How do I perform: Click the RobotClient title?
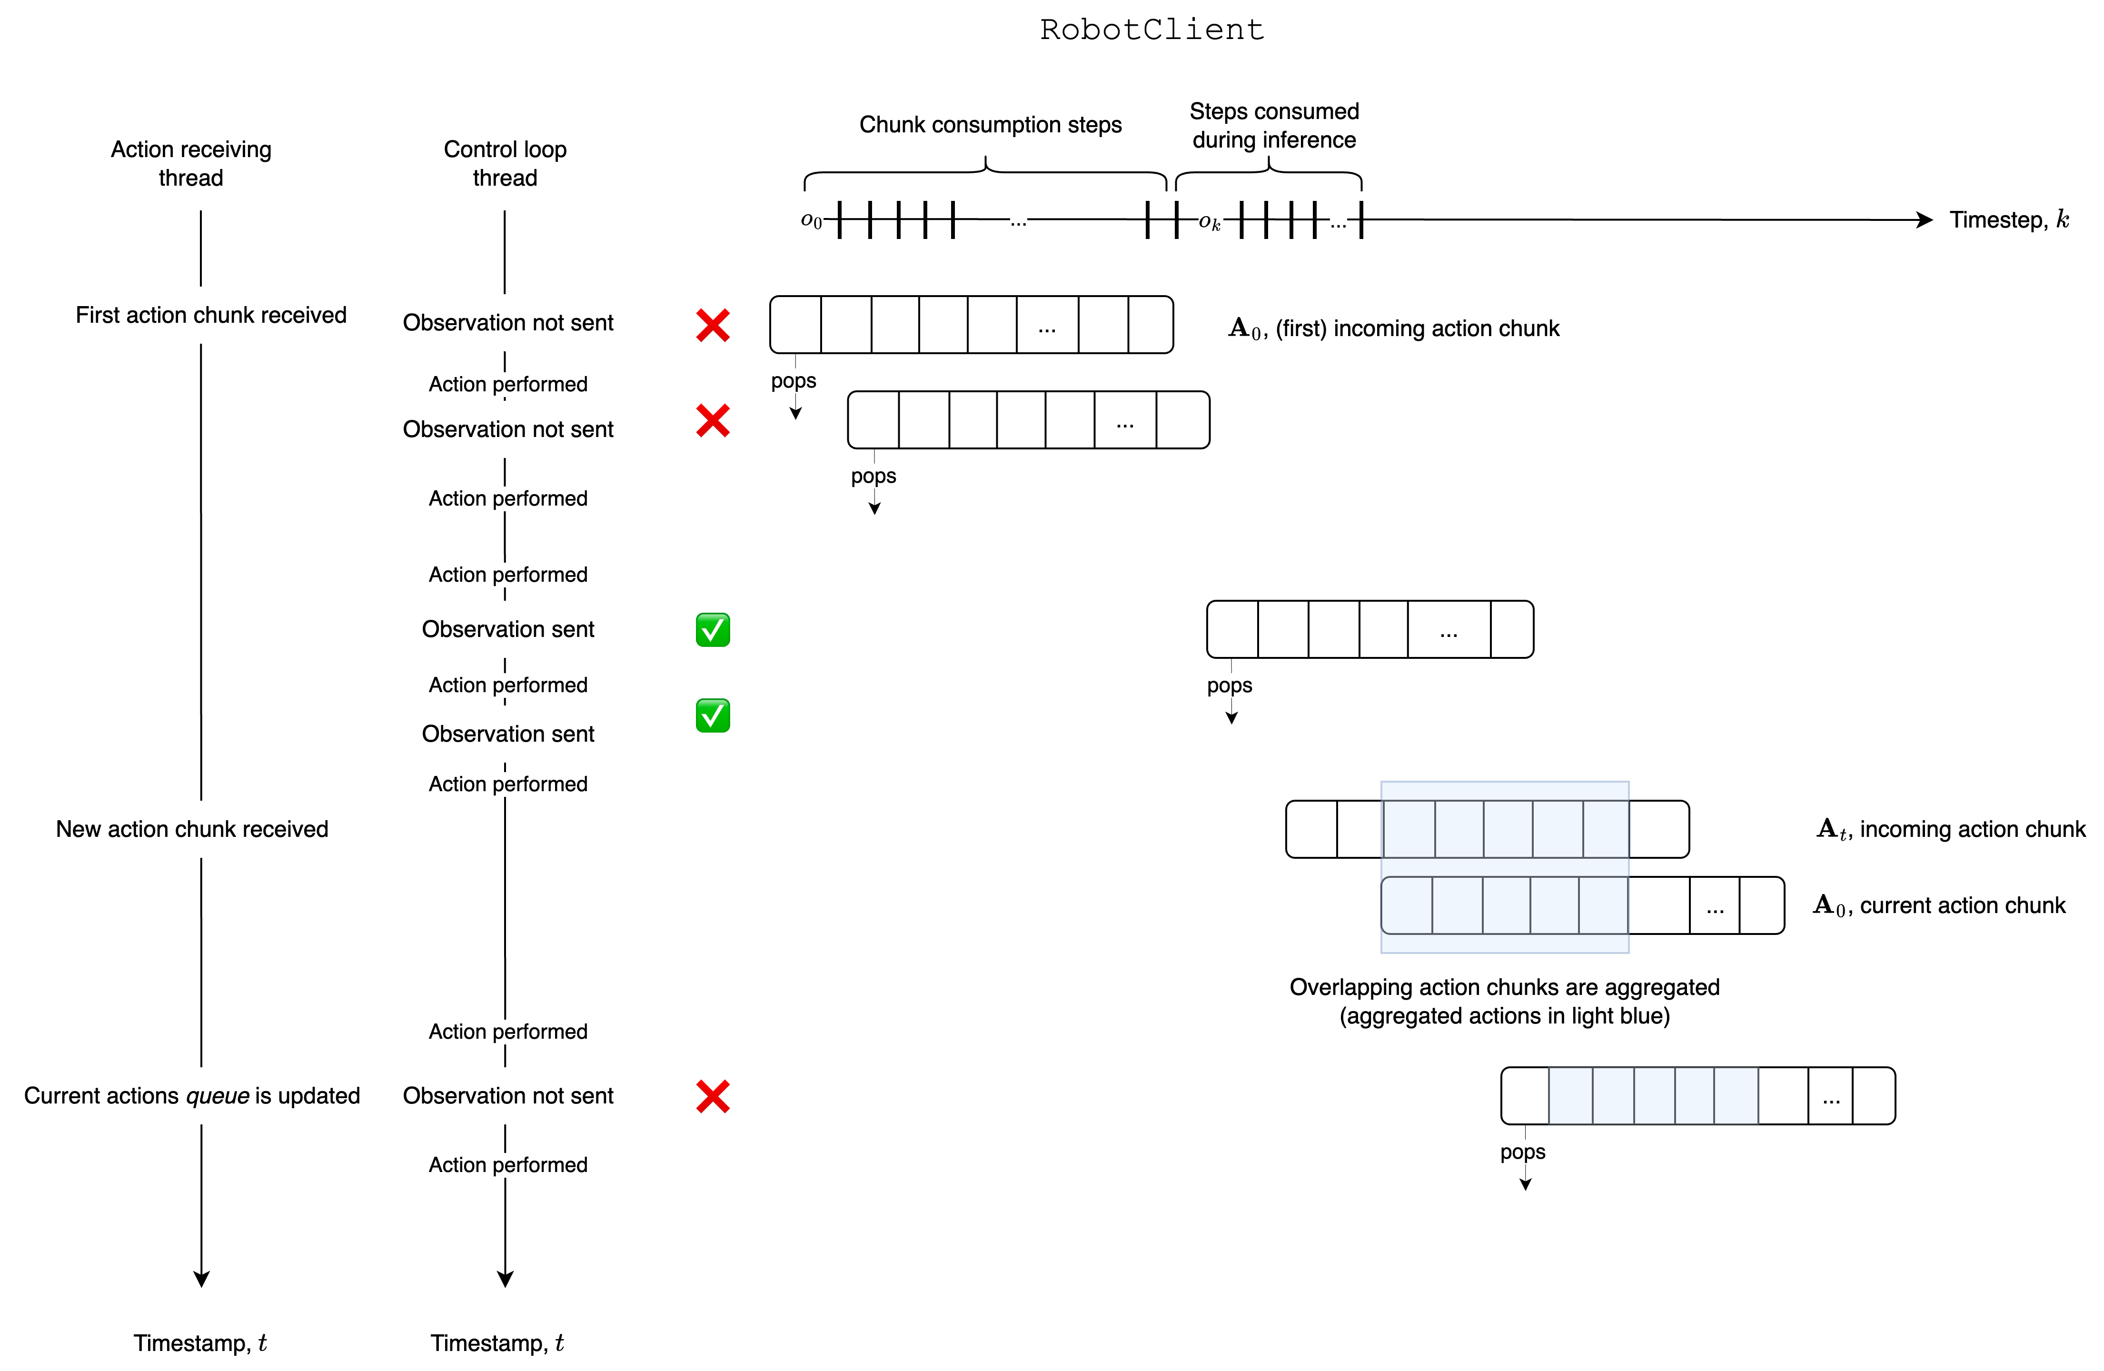point(1151,30)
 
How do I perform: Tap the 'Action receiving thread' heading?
point(191,164)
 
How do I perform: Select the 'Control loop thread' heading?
point(505,164)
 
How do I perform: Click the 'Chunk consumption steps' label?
point(990,125)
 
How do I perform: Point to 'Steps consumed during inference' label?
point(1274,126)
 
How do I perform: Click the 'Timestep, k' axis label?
point(2008,219)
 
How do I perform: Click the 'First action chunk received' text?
point(210,316)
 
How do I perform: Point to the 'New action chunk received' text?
point(192,829)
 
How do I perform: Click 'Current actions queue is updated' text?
point(192,1096)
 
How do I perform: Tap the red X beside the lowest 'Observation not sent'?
point(713,1096)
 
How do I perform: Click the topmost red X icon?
point(713,325)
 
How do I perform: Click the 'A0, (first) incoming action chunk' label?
point(1393,329)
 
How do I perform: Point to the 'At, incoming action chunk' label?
point(1950,829)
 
